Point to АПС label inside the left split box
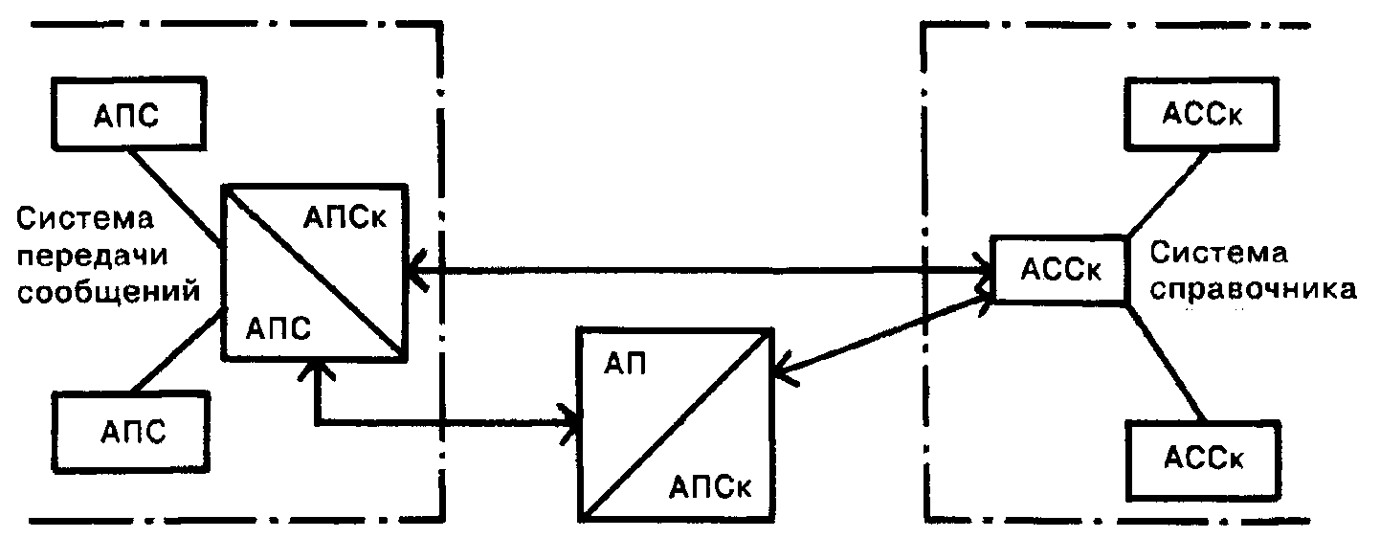(278, 328)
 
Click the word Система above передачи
(85, 219)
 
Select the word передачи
(93, 256)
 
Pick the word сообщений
(108, 291)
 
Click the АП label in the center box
(625, 364)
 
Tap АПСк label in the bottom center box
(710, 488)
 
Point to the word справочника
(1253, 290)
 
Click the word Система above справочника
(1218, 254)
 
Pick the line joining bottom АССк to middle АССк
(1166, 363)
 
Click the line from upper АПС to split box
(178, 198)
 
